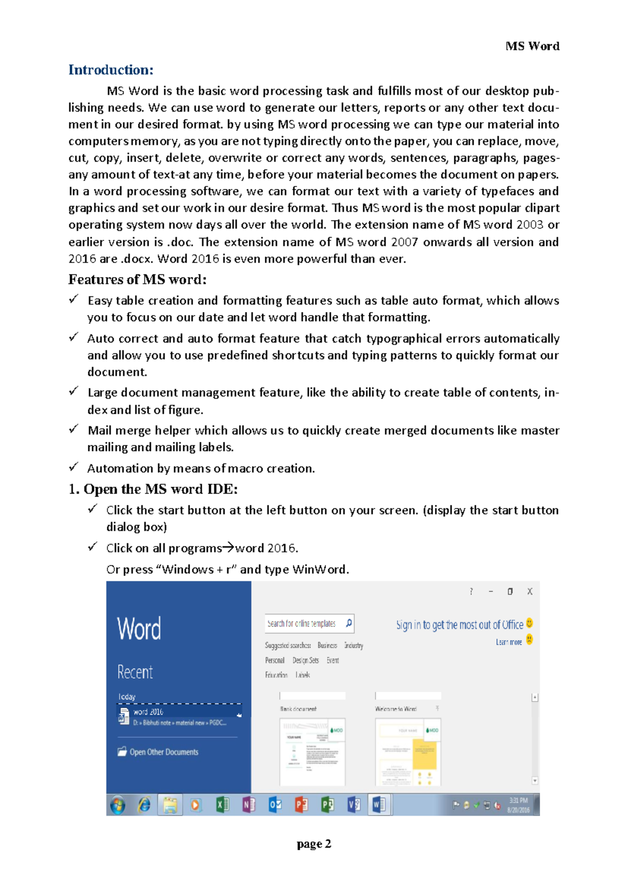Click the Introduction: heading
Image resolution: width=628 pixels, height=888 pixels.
pos(110,70)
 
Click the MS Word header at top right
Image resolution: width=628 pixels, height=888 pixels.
pos(532,46)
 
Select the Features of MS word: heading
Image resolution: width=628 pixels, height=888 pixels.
pos(137,280)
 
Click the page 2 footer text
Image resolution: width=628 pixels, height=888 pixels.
pos(313,844)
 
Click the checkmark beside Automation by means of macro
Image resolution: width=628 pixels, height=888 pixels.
pos(74,466)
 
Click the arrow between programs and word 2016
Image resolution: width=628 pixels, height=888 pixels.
pos(229,548)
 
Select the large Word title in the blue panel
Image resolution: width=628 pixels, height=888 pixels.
pos(139,629)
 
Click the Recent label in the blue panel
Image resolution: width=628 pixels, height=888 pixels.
pos(135,672)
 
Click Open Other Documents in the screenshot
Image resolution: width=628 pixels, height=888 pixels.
pos(163,752)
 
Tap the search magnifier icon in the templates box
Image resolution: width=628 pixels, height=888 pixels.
pos(349,623)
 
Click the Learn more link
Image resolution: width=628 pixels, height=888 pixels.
pos(508,642)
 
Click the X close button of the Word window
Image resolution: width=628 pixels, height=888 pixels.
pos(530,591)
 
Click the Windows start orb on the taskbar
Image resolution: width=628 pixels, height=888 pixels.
pos(118,805)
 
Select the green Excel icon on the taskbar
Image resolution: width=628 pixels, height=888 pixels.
pos(222,805)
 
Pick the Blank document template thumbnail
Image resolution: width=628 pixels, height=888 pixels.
pos(312,751)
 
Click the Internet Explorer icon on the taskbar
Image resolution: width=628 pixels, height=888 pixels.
pos(144,805)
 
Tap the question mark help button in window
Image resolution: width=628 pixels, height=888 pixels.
pos(471,591)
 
